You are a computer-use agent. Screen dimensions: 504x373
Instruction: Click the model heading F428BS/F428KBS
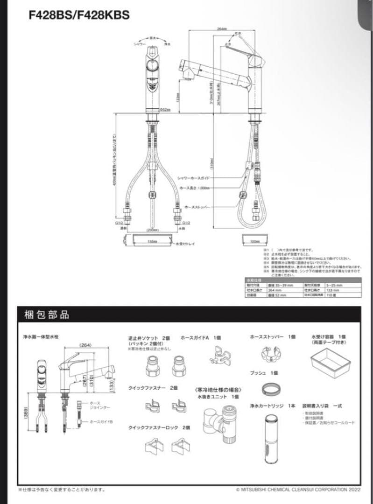[x=80, y=15]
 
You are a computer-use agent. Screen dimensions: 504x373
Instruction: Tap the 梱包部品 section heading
[x=46, y=315]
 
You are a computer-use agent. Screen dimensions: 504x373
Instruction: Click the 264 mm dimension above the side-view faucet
[x=222, y=28]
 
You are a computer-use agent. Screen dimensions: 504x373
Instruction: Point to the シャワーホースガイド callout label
[x=193, y=178]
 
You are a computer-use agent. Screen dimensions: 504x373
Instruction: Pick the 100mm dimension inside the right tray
[x=255, y=241]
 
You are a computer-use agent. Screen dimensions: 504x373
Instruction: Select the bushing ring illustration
[x=271, y=388]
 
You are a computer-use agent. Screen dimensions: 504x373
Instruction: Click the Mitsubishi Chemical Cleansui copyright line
[x=298, y=490]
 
